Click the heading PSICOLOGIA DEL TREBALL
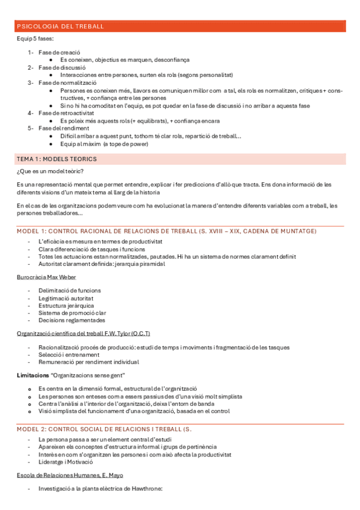click(x=61, y=26)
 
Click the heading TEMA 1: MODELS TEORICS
click(x=56, y=159)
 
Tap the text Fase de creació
click(x=59, y=52)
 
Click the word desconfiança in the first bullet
click(x=172, y=60)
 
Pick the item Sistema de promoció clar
click(x=72, y=313)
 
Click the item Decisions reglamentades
click(x=71, y=321)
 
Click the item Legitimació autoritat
click(x=66, y=298)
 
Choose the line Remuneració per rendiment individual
click(x=88, y=362)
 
